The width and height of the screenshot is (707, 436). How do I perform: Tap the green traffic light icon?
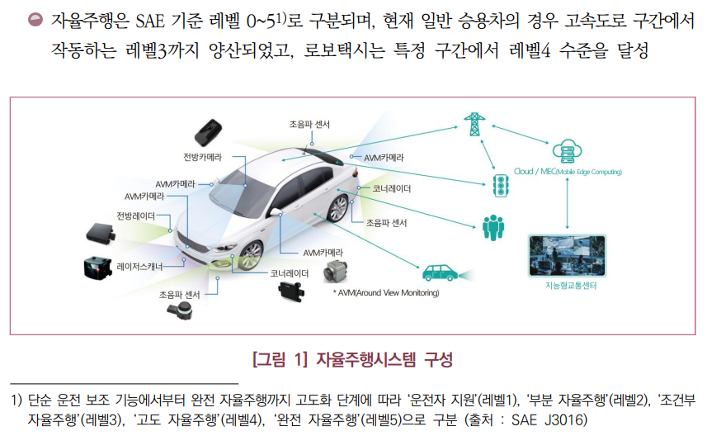click(x=499, y=183)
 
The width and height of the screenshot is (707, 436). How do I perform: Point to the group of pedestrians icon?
click(x=493, y=225)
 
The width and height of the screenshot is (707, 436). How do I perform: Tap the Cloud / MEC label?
click(x=567, y=173)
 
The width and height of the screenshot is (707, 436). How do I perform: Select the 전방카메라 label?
click(x=202, y=157)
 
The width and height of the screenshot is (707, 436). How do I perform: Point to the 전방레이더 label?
click(x=135, y=216)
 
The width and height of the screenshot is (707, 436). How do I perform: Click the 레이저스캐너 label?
click(x=139, y=267)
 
